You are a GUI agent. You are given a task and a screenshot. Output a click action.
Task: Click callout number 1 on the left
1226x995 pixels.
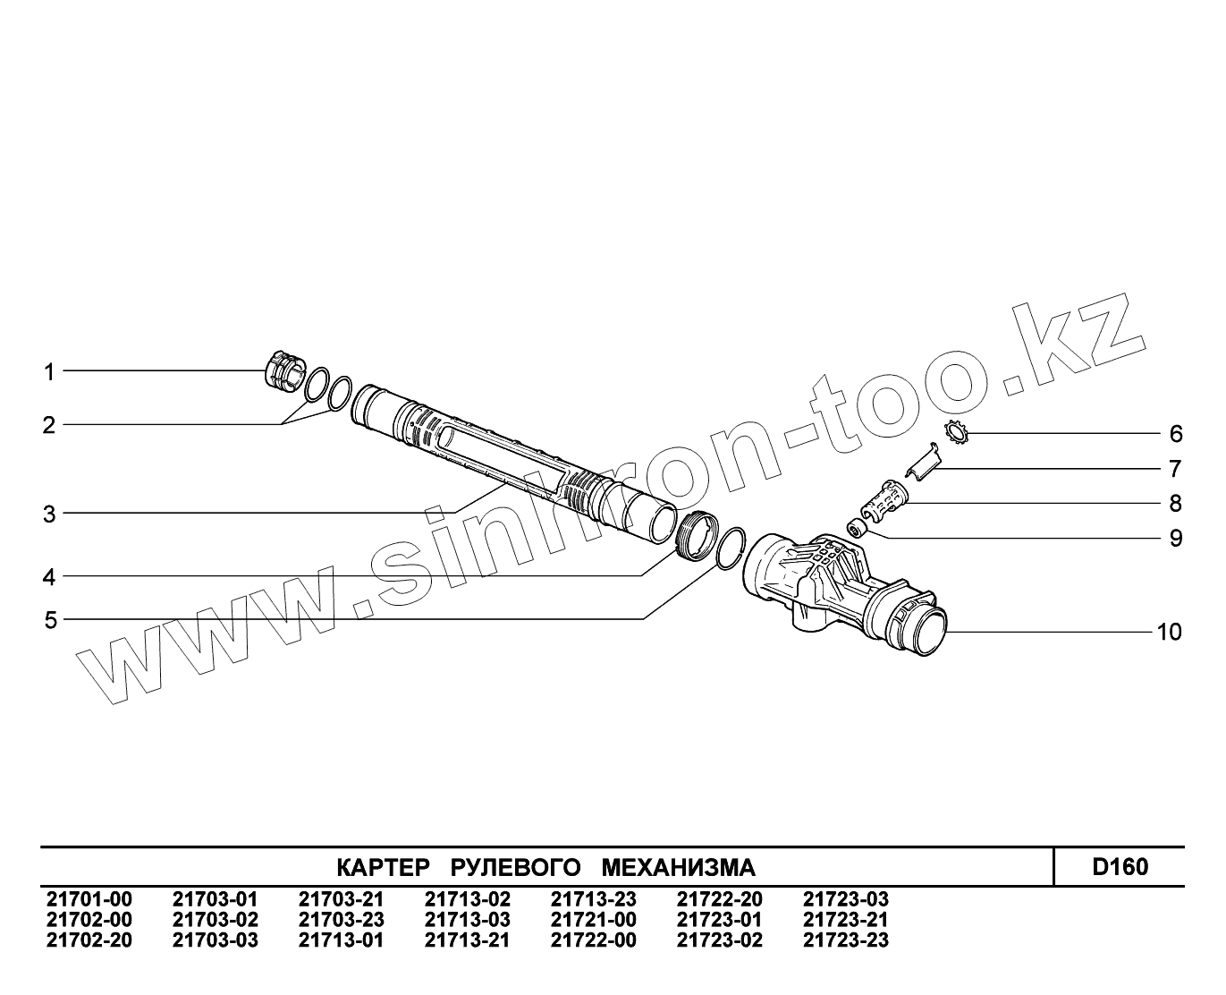[x=50, y=371]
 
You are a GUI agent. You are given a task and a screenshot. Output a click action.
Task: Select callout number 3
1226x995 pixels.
[x=50, y=515]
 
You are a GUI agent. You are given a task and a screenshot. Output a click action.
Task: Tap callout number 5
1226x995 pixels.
[x=50, y=620]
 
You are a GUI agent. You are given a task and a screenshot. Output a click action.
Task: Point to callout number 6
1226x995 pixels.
[x=1176, y=434]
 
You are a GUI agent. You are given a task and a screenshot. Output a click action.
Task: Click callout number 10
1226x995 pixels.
[x=1169, y=633]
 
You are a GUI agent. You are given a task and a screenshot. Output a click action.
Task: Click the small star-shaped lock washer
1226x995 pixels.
[x=957, y=435]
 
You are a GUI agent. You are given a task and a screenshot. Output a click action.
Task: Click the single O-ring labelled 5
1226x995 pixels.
[x=730, y=548]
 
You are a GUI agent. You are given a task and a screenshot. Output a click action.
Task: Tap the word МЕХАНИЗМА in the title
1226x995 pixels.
[x=679, y=868]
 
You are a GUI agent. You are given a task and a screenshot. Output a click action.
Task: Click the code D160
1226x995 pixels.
[x=1120, y=867]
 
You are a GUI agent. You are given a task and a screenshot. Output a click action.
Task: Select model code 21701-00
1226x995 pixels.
[x=89, y=899]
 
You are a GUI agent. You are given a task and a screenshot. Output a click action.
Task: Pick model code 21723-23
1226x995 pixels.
[x=845, y=940]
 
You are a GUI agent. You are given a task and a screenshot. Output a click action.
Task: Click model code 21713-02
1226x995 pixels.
[x=467, y=899]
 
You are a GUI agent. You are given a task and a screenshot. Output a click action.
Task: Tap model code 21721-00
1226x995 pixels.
[x=593, y=920]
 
